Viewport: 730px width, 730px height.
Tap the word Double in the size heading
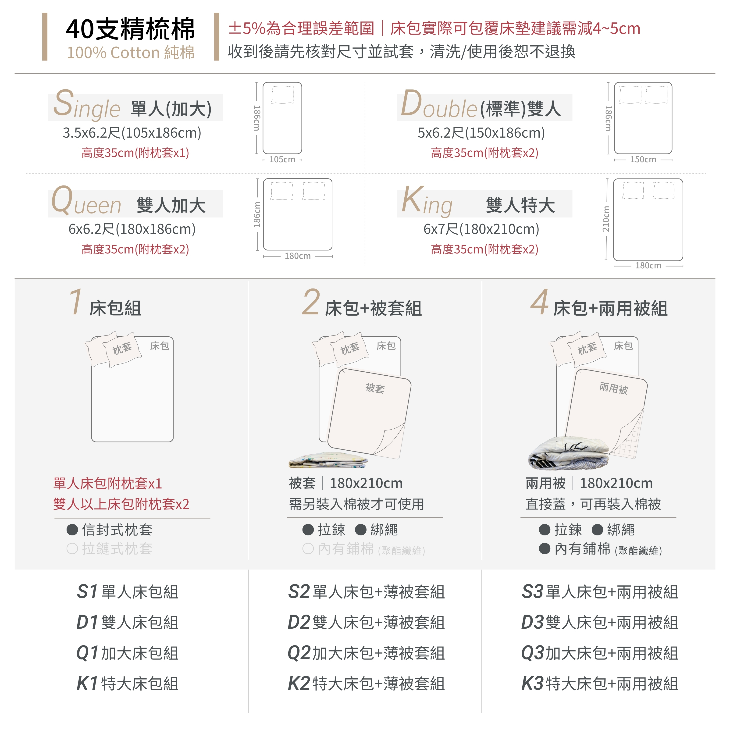coord(439,104)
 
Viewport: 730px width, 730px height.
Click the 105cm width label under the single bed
coord(282,160)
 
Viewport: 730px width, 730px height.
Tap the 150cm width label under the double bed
coord(643,160)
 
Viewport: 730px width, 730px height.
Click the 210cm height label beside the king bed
coord(606,219)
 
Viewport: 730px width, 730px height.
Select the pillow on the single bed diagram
coord(282,94)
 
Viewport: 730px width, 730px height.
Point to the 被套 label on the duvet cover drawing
coord(375,388)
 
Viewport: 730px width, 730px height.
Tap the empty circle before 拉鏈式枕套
coord(72,549)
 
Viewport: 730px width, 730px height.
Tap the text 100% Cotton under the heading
coord(113,53)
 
